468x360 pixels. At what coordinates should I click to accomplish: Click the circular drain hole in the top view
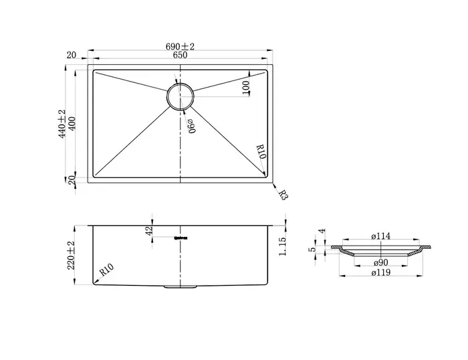(x=180, y=96)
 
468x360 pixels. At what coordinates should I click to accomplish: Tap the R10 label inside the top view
(x=261, y=153)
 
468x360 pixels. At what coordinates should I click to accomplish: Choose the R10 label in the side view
(x=107, y=271)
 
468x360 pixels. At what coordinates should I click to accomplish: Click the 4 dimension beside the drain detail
(x=322, y=232)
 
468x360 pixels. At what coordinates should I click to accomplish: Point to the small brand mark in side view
(x=180, y=236)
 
